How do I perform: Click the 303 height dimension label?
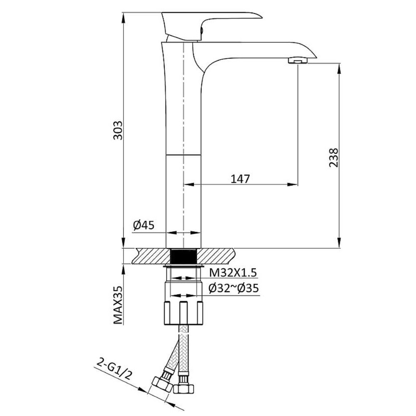pyautogui.click(x=118, y=130)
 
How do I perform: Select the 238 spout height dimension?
pyautogui.click(x=334, y=158)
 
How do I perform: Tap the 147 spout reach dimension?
pyautogui.click(x=240, y=179)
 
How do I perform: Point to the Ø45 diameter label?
pyautogui.click(x=144, y=225)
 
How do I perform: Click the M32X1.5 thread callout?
pyautogui.click(x=233, y=272)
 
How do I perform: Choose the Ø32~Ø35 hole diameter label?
pyautogui.click(x=233, y=288)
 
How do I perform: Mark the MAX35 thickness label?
pyautogui.click(x=118, y=305)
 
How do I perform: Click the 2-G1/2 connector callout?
pyautogui.click(x=114, y=369)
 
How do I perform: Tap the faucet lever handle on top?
pyautogui.click(x=210, y=26)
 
